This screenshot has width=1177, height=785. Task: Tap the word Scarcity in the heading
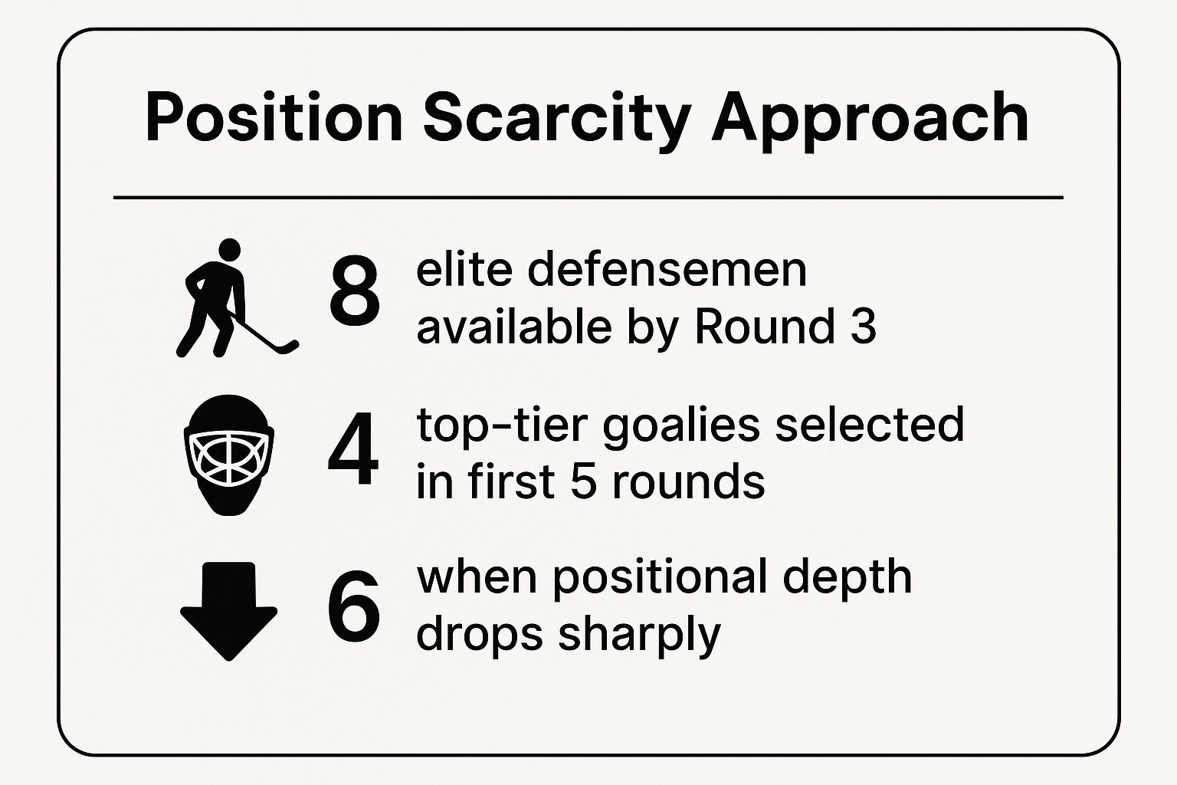pos(556,122)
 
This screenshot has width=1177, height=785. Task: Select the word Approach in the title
pos(869,122)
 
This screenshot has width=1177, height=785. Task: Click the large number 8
pos(354,291)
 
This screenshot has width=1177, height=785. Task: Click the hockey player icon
pos(237,298)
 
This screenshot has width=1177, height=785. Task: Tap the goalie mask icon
pos(228,455)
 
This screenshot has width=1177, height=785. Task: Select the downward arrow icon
pos(228,611)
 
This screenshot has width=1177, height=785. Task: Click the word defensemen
pos(667,271)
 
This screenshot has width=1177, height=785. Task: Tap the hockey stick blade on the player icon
pos(288,347)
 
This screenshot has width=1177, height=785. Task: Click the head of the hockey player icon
pos(229,250)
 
